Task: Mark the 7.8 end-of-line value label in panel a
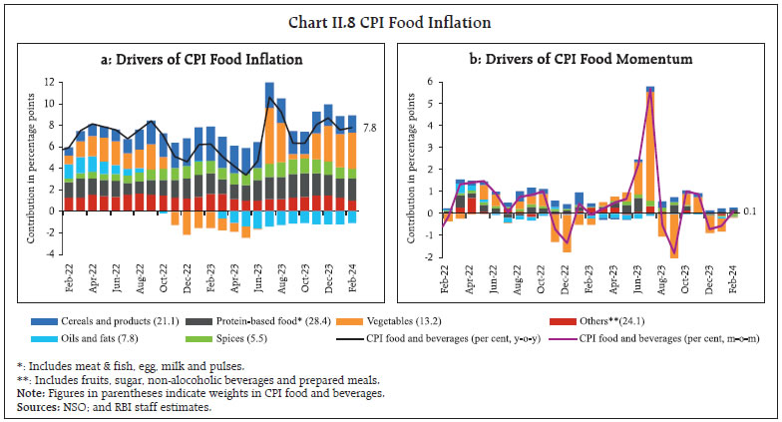click(x=368, y=128)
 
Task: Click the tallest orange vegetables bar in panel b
click(x=650, y=150)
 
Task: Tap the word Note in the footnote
click(x=30, y=392)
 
